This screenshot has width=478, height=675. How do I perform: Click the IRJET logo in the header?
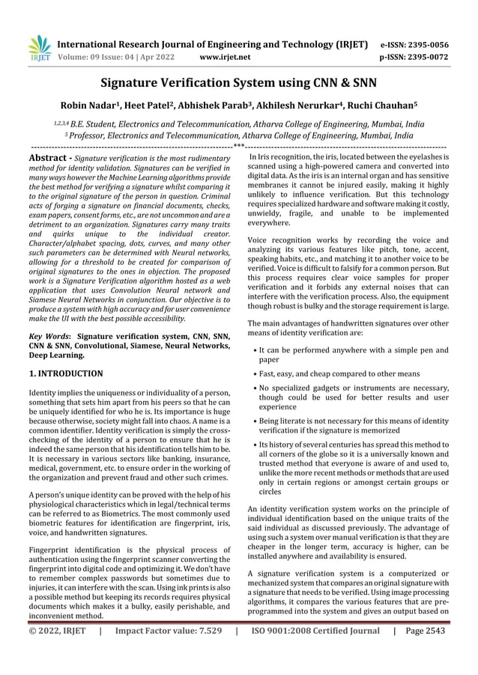pyautogui.click(x=38, y=47)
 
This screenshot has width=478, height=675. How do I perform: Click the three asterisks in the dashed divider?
pyautogui.click(x=238, y=147)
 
